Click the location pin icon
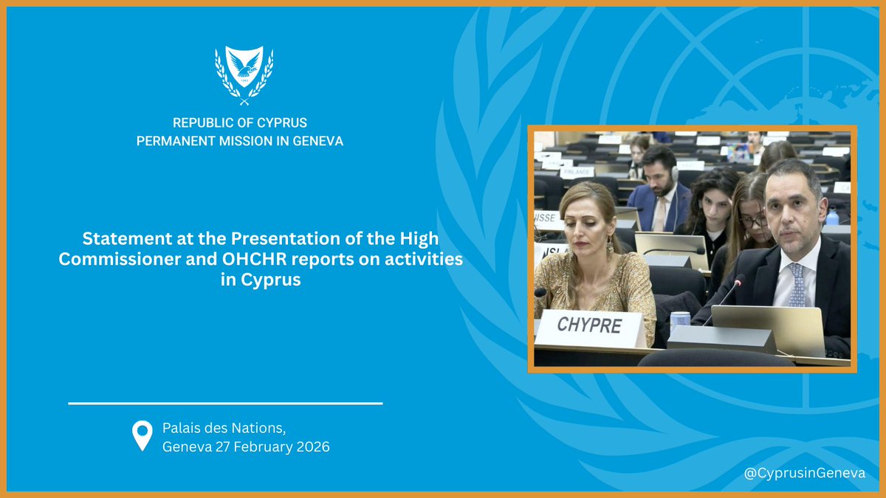click(142, 436)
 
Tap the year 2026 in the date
click(313, 447)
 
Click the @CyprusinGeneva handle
click(805, 473)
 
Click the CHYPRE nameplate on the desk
click(588, 325)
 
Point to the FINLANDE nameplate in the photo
click(577, 172)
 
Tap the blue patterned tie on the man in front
click(796, 284)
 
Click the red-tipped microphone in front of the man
click(740, 280)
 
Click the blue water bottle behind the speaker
click(832, 216)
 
